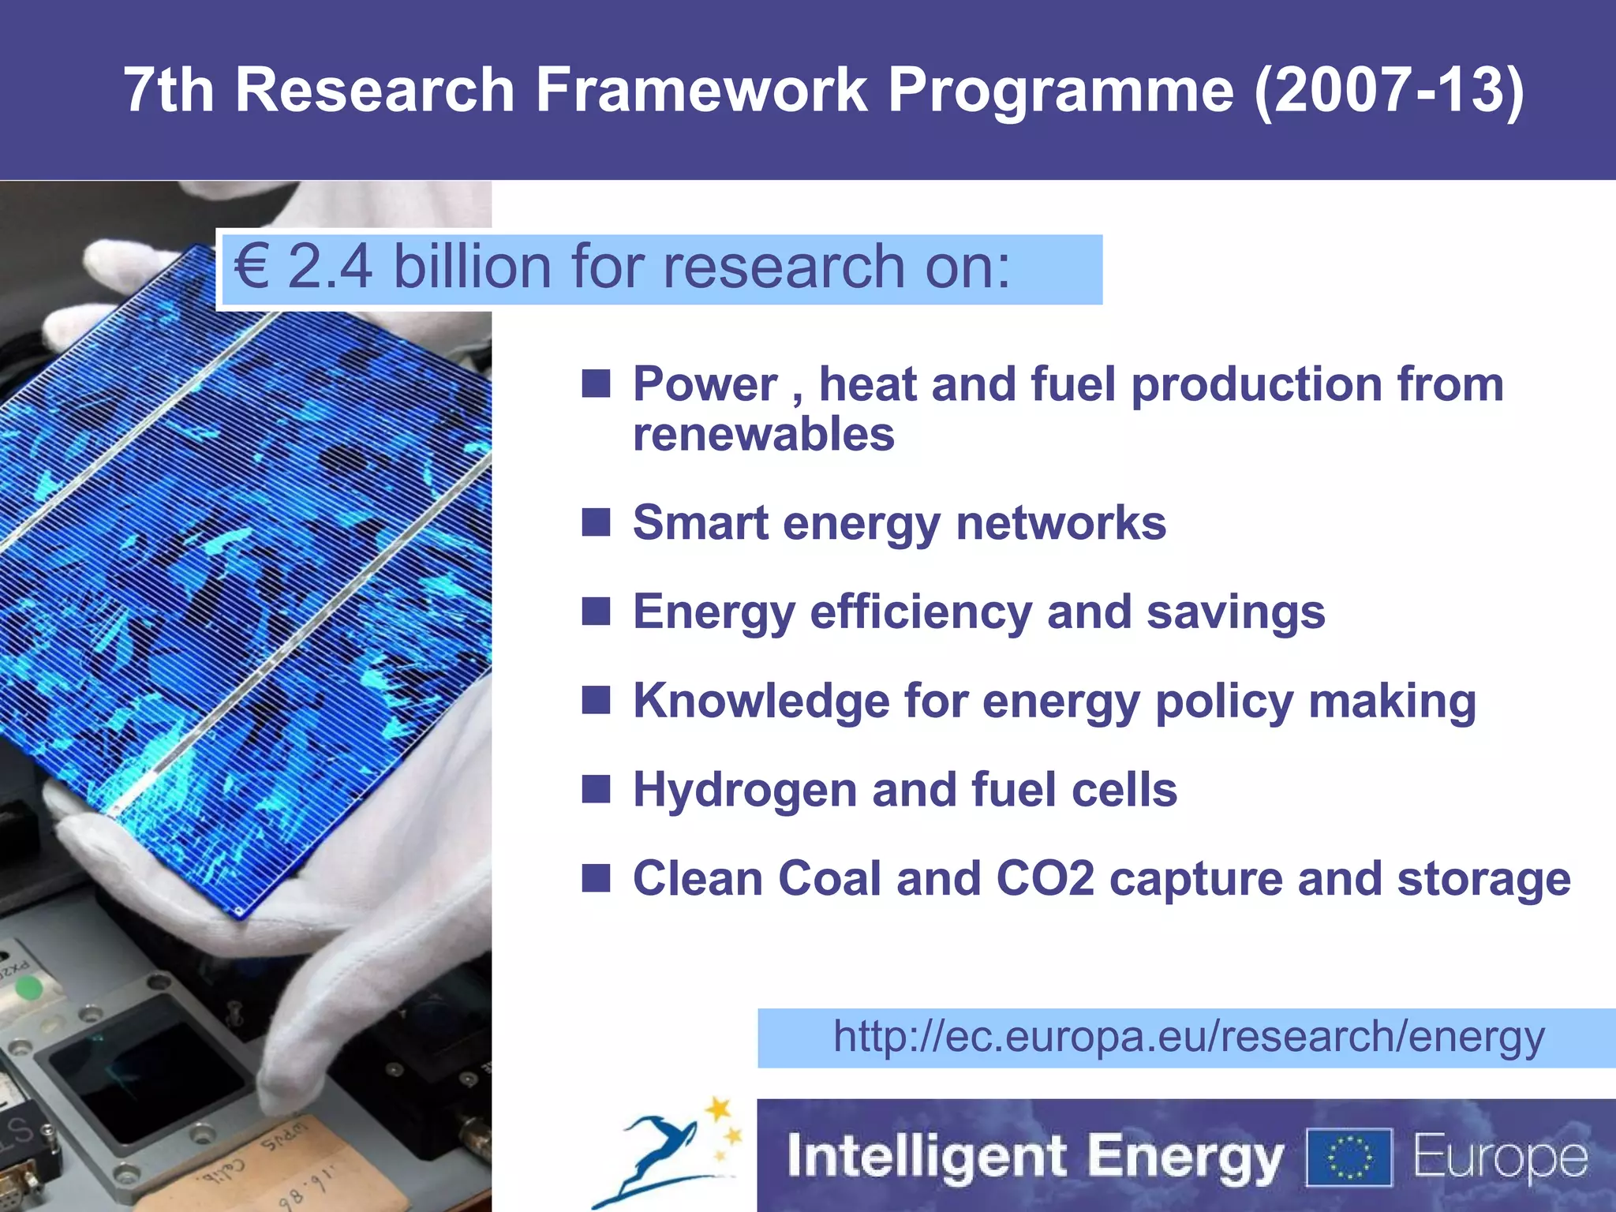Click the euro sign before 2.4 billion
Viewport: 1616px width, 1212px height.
pyautogui.click(x=252, y=267)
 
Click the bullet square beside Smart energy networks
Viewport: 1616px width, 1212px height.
pyautogui.click(x=596, y=522)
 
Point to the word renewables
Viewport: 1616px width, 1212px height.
pyautogui.click(x=764, y=435)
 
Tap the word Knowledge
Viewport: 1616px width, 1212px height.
pyautogui.click(x=761, y=701)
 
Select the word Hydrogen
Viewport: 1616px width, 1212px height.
pyautogui.click(x=744, y=791)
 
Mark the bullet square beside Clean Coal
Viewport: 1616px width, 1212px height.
pyautogui.click(x=596, y=878)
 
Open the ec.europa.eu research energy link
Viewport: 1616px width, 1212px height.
pyautogui.click(x=1188, y=1037)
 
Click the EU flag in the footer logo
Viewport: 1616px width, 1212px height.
pyautogui.click(x=1349, y=1158)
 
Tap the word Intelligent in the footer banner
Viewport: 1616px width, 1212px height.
pyautogui.click(x=927, y=1158)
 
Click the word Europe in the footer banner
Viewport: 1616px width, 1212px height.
pyautogui.click(x=1500, y=1158)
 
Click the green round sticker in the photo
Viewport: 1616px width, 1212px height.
pyautogui.click(x=29, y=988)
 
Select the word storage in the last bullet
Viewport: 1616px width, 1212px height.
pyautogui.click(x=1483, y=879)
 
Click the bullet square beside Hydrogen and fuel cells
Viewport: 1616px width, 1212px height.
pyautogui.click(x=596, y=789)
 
